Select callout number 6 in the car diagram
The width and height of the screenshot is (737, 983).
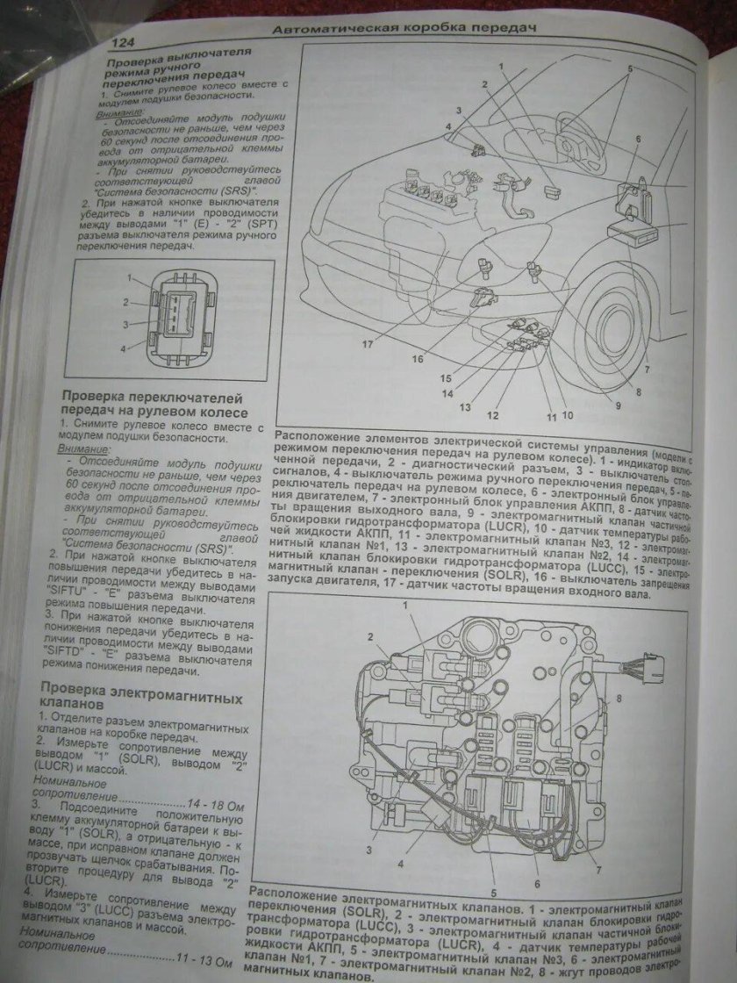click(638, 140)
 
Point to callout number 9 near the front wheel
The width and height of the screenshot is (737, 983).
click(617, 406)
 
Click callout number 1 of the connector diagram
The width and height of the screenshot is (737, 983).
click(130, 278)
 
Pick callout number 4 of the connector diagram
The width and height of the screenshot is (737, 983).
click(123, 348)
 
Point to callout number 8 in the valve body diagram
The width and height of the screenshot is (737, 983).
click(619, 699)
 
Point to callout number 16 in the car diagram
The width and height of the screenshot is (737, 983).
click(418, 358)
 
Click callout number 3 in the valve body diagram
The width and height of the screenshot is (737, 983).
click(370, 850)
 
